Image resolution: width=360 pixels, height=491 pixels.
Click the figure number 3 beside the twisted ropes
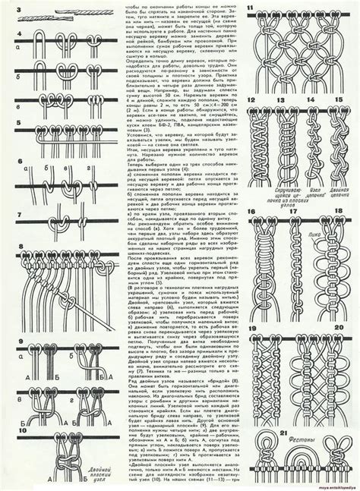(x=9, y=8)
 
